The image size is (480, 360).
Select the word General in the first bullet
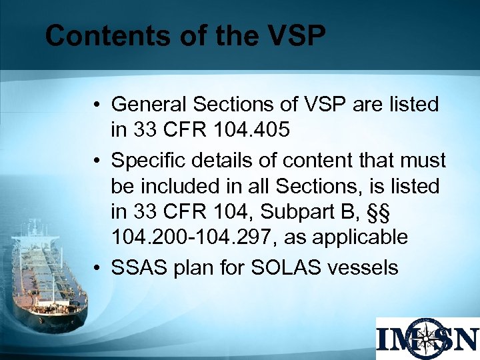[149, 105]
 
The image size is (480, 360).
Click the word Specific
[149, 160]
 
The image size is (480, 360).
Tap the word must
[423, 160]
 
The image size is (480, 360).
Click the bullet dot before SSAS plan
[97, 268]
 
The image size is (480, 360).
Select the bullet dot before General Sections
[97, 105]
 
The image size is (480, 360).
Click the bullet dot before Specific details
[97, 161]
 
